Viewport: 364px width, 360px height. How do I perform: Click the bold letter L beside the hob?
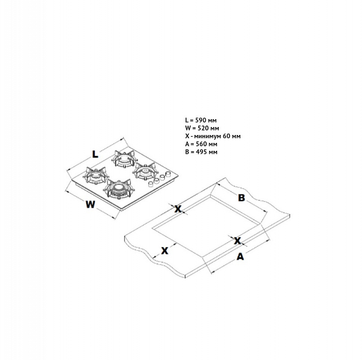click(x=95, y=154)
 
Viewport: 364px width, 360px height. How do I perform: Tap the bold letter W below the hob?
click(x=90, y=204)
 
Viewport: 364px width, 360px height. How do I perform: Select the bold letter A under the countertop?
click(x=240, y=256)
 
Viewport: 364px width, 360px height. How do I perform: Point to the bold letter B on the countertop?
click(x=241, y=198)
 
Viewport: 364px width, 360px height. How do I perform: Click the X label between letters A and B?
click(x=237, y=241)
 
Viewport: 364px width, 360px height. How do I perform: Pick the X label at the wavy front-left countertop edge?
click(x=164, y=251)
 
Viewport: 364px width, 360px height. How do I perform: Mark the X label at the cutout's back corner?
click(x=178, y=209)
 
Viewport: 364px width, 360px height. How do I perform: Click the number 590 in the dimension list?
click(x=200, y=120)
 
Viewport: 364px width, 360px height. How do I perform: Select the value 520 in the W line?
click(x=203, y=128)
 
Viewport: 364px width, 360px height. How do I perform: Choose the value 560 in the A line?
click(x=201, y=144)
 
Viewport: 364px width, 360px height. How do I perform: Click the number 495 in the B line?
click(x=201, y=152)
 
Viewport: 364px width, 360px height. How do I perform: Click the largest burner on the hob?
click(x=118, y=189)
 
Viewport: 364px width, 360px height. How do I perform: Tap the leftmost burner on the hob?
click(x=95, y=175)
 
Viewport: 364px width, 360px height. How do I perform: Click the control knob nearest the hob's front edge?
click(x=151, y=184)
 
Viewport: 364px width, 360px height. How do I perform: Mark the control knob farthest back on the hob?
click(x=168, y=174)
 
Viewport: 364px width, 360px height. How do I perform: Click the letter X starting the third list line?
click(x=187, y=136)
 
